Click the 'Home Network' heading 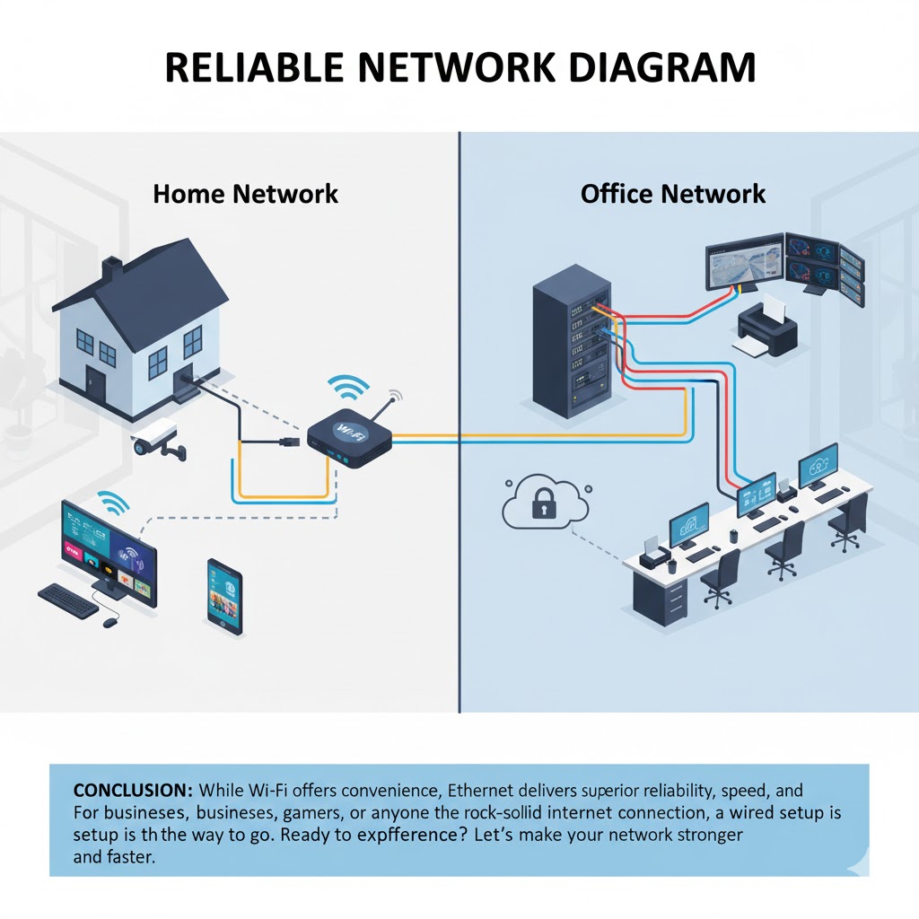pos(245,193)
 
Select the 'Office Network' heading pos(673,193)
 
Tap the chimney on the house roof pos(111,267)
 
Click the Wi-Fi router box pos(348,434)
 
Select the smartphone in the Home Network pos(224,597)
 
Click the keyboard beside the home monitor pos(68,600)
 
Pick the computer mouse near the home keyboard pos(109,622)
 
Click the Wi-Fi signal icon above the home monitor pos(112,503)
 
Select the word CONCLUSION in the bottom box pos(132,792)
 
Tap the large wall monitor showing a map pos(744,263)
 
